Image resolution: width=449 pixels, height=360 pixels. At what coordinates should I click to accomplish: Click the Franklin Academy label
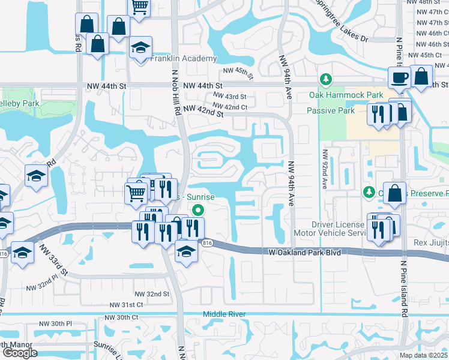183,59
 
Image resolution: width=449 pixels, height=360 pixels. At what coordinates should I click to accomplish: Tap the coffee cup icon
399,77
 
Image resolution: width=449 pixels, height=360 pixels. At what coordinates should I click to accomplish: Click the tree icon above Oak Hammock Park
325,79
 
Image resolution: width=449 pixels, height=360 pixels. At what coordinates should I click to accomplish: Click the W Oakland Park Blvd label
304,253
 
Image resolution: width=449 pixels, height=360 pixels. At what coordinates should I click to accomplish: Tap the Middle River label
224,314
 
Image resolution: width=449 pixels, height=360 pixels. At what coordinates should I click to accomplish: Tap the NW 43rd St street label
226,97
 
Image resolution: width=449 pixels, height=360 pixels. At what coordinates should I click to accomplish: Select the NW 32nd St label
151,294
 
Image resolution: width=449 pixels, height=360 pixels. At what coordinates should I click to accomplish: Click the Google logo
19,353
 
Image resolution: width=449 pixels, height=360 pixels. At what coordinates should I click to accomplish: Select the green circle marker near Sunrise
197,209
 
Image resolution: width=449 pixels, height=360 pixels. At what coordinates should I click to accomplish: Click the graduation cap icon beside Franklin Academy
142,48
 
